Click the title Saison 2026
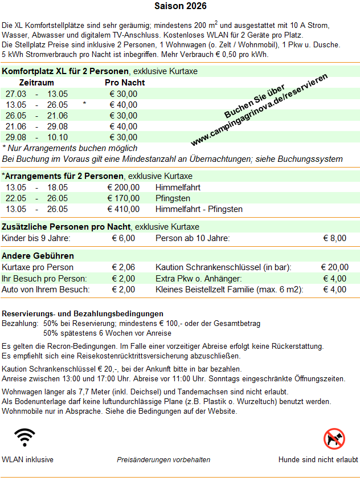coord(181,6)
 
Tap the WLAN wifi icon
coord(25,438)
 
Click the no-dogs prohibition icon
coord(334,438)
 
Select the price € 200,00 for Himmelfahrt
coord(124,187)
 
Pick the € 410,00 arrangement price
coord(124,209)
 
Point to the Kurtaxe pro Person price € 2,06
coord(124,267)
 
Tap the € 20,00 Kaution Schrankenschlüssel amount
coord(335,267)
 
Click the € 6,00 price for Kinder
coord(124,238)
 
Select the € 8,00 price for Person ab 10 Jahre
coord(335,238)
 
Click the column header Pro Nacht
coord(125,83)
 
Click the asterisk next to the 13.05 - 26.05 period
coord(84,105)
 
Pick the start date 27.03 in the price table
coord(16,93)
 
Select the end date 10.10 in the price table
coord(58,137)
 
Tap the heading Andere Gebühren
coord(38,256)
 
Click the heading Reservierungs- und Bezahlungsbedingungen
coord(83,313)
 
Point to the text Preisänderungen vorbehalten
coord(163,459)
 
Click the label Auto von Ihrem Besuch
coord(46,290)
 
